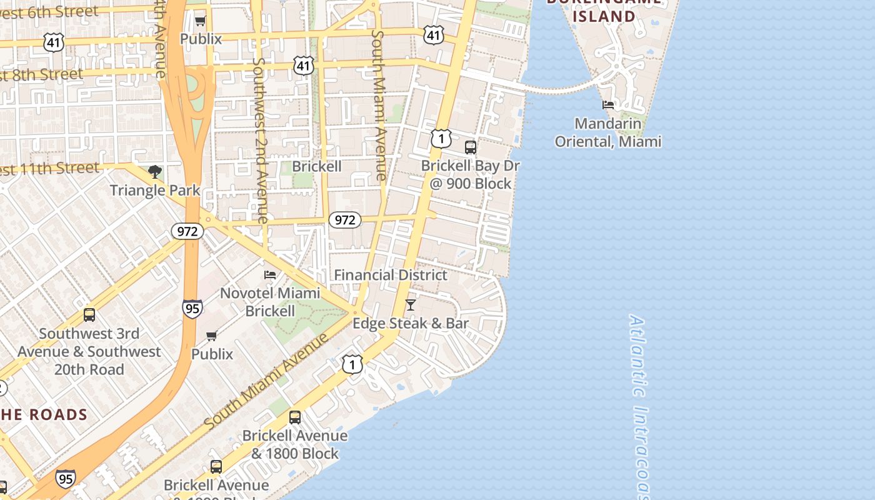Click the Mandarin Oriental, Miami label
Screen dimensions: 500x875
[x=607, y=132]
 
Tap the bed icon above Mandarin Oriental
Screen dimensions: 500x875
[x=608, y=104]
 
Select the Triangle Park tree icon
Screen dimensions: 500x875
[x=155, y=171]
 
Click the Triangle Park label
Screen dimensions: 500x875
[x=155, y=190]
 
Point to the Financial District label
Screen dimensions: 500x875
[x=390, y=275]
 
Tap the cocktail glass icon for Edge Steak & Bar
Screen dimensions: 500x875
[x=411, y=305]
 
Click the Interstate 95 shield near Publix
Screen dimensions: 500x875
[x=192, y=308]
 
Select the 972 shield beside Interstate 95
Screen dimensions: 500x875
[x=187, y=231]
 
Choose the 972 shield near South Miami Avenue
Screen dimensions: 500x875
[x=344, y=219]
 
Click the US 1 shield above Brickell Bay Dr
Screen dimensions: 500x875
[x=441, y=138]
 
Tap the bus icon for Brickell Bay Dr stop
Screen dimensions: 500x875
[x=471, y=147]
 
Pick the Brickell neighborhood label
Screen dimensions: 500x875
[x=317, y=166]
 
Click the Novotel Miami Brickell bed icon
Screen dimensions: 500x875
[x=270, y=274]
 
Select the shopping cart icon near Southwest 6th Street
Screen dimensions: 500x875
[x=201, y=21]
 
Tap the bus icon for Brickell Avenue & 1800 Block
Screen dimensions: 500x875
[x=295, y=417]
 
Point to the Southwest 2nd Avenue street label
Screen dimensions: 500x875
[x=261, y=141]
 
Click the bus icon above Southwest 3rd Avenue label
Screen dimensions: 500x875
[x=89, y=315]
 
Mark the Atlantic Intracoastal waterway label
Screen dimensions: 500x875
[x=639, y=406]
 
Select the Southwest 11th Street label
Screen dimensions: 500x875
[x=50, y=168]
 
